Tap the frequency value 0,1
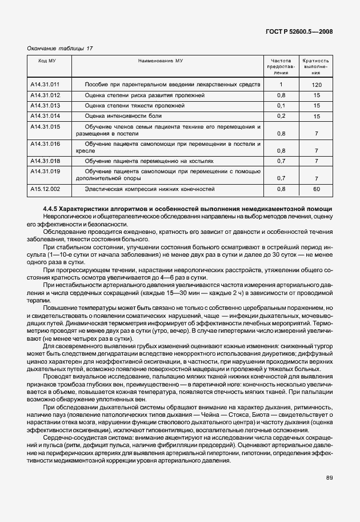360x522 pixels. point(281,106)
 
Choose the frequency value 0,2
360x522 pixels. point(281,117)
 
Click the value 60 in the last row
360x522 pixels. point(316,189)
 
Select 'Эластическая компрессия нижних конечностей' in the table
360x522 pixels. point(149,188)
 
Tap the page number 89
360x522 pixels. point(330,477)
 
